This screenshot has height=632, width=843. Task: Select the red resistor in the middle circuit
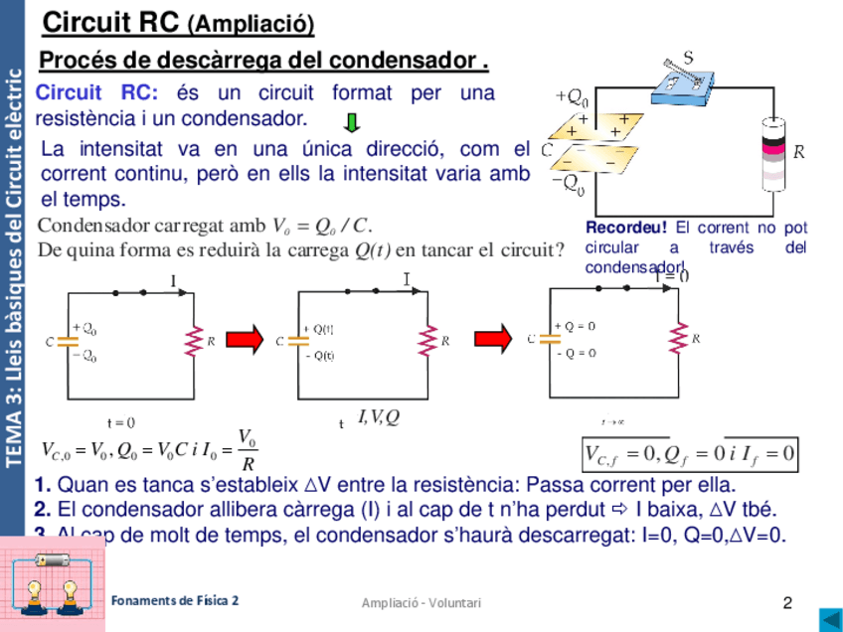pos(428,341)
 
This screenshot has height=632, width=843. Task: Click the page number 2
pos(787,602)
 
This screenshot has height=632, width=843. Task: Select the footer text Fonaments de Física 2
pos(175,600)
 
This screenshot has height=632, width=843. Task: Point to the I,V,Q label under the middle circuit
pos(378,417)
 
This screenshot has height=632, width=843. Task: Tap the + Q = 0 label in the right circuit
pos(577,326)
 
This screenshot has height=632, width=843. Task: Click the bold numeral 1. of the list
pos(42,486)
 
